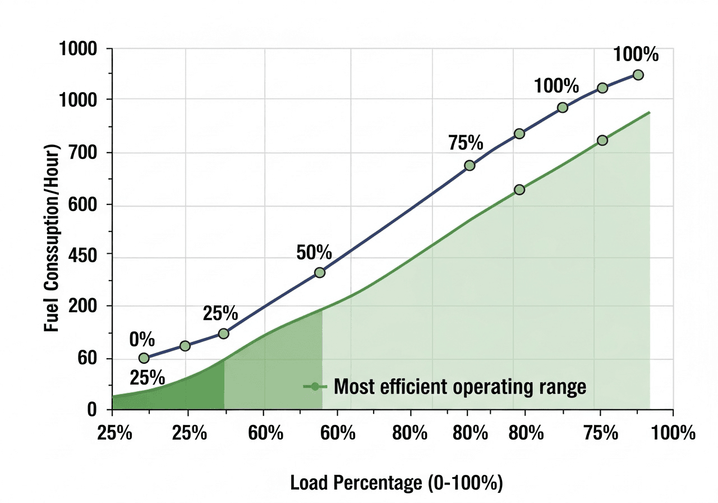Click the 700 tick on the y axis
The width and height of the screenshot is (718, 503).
(x=84, y=153)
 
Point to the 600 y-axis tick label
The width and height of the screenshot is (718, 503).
(x=84, y=205)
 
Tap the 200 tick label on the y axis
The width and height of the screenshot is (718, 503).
(x=84, y=307)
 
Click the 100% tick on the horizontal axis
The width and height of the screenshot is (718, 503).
(x=673, y=433)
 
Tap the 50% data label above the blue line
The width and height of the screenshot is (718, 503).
(x=314, y=253)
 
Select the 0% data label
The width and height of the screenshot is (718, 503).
(x=142, y=340)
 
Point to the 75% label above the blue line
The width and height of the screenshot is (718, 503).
(x=466, y=144)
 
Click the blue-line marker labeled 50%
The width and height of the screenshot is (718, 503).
(x=320, y=272)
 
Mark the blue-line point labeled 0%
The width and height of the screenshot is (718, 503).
(x=144, y=358)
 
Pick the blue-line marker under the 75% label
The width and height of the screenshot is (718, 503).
(x=470, y=166)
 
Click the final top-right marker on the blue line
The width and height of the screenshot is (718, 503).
(x=638, y=75)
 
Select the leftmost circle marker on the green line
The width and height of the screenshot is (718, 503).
(x=519, y=190)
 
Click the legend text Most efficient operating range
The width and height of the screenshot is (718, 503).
(x=459, y=387)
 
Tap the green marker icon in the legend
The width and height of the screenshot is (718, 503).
(x=315, y=387)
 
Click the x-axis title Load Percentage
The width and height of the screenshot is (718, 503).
(x=396, y=482)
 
